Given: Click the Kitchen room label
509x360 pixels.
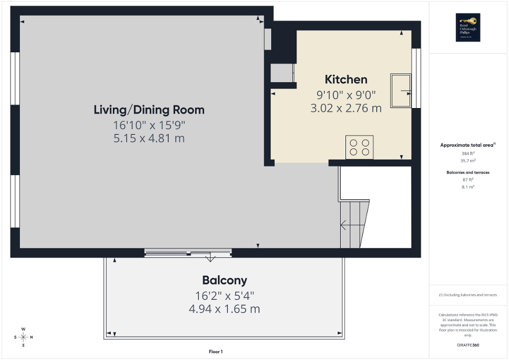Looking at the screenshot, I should point(345,80).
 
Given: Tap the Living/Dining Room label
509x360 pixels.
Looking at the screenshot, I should point(149,110).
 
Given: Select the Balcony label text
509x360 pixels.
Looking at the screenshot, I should point(224,280).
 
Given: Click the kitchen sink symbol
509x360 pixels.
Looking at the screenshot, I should point(400,91).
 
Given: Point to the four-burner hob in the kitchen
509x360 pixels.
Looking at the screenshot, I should point(359,147).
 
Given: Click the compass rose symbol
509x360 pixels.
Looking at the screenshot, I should point(23,337).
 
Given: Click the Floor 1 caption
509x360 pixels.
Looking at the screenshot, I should point(216,352).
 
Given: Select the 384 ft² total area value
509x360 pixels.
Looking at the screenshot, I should point(468,153).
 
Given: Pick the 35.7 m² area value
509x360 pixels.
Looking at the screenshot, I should point(468,161).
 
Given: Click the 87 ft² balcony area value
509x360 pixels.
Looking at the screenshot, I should point(468,179).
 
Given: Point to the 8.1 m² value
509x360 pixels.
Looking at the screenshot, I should point(468,187).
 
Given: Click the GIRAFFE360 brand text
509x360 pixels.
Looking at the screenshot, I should point(468,346).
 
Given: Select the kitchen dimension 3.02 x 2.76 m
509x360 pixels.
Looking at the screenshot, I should point(345,109).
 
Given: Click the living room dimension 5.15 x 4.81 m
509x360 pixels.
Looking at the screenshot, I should point(149,139).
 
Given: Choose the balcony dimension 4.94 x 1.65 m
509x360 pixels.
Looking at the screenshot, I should point(224,309).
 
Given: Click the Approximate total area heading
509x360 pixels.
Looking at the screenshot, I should point(468,144).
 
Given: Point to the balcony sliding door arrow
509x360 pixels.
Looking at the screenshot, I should point(210,258).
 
